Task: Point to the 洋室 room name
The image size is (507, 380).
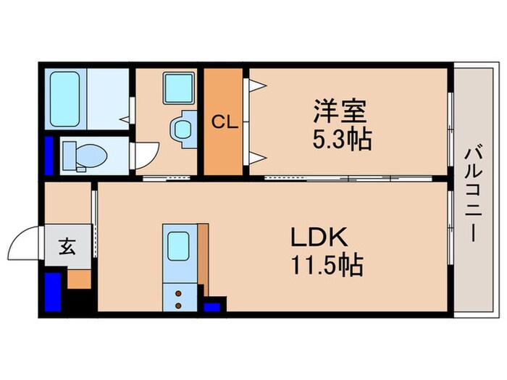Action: tap(340, 112)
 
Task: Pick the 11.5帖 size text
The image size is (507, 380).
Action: tap(327, 265)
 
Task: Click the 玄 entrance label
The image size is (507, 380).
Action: tap(67, 247)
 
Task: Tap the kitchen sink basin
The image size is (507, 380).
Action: tap(177, 246)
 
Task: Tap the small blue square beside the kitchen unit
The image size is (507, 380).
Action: tap(211, 307)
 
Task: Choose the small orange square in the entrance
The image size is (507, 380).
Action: tap(80, 278)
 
